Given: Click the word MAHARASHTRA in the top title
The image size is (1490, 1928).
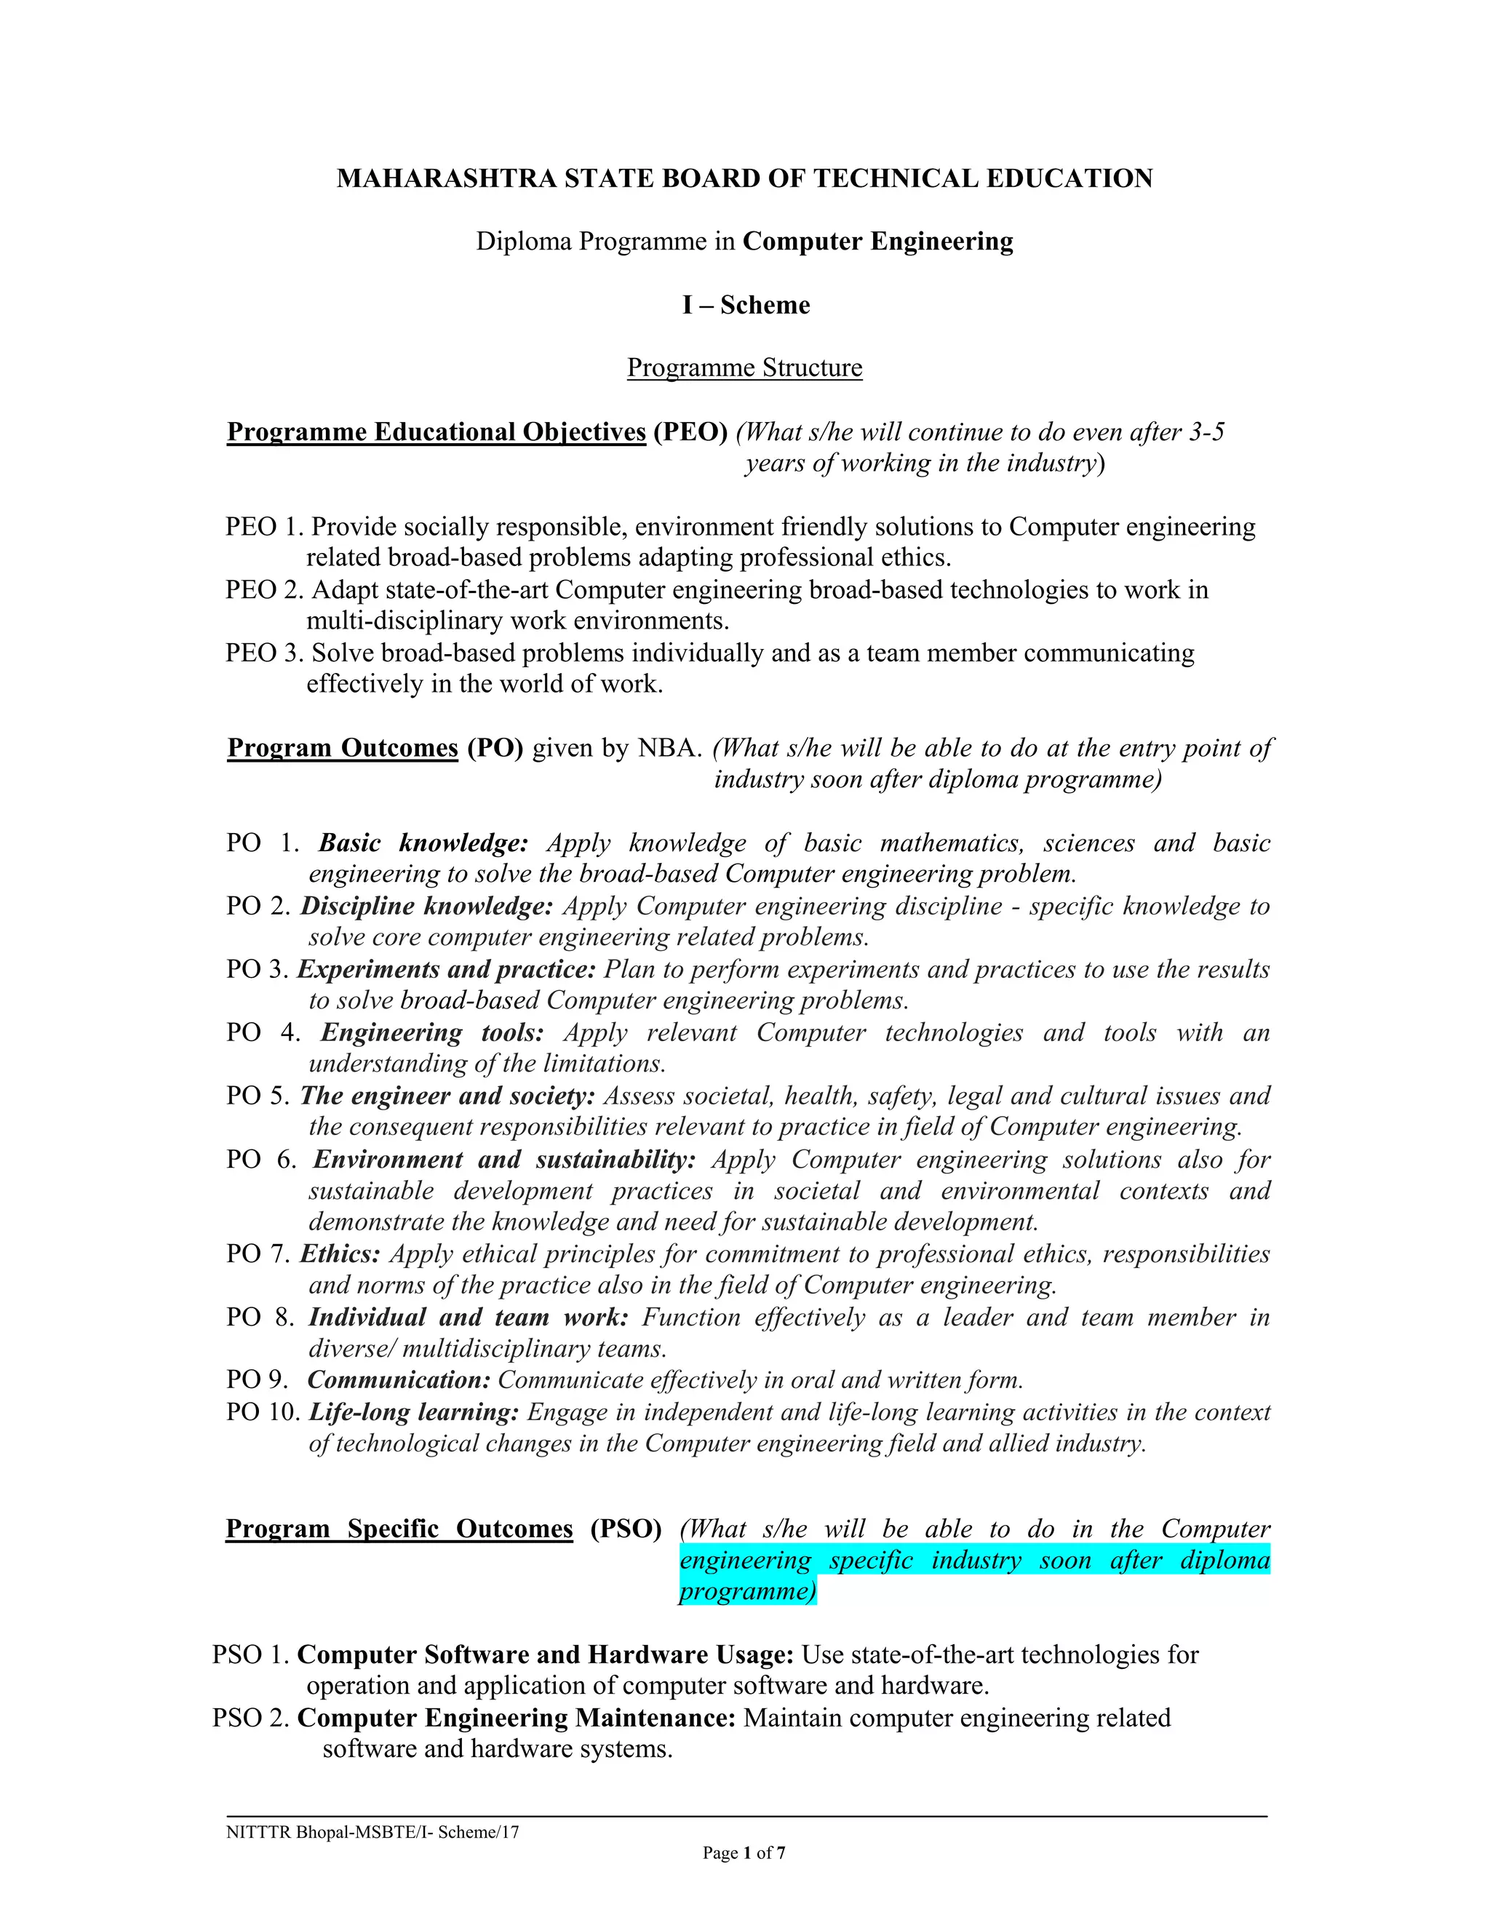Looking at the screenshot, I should pos(446,179).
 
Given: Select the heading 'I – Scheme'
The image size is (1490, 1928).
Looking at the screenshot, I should pos(745,306).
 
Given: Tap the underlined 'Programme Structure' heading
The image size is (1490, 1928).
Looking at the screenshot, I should pos(744,368).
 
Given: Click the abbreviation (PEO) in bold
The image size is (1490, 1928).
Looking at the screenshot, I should pos(690,433).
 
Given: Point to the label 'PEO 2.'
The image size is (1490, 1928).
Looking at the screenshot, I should pos(264,590).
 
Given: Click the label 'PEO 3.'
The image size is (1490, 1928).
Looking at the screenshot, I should pos(264,653).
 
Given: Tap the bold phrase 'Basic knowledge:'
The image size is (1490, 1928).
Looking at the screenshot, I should pos(423,843).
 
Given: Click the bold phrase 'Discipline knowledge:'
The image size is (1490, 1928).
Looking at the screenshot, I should pos(426,907).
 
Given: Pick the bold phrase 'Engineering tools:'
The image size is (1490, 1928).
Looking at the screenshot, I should pos(431,1033).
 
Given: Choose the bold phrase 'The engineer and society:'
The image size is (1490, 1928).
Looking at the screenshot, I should pos(447,1096).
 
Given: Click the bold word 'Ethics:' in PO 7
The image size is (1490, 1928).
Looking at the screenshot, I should pos(340,1254).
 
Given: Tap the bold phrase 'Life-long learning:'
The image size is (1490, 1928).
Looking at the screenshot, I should pos(413,1412).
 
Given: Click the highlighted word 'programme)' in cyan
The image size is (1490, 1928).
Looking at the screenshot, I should pos(746,1592).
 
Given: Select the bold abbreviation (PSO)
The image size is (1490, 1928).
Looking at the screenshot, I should pos(626,1529).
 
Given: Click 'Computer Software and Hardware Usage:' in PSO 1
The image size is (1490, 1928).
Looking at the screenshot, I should pos(546,1654).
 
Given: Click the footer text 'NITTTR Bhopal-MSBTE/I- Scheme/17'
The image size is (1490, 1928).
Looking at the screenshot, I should pos(372,1832).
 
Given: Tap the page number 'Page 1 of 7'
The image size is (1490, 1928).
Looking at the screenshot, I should pos(744,1853).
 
